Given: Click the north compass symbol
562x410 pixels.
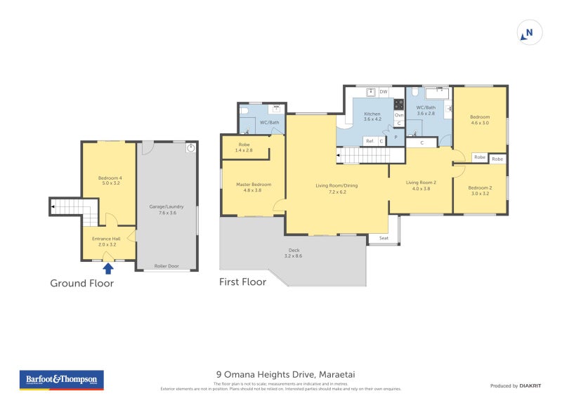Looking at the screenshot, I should [530, 32].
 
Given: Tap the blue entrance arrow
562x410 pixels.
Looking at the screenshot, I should [108, 267].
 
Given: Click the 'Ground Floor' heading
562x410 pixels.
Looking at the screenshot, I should [81, 284].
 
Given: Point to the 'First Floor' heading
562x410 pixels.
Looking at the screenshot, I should [242, 282].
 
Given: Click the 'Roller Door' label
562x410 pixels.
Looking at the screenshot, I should [166, 266].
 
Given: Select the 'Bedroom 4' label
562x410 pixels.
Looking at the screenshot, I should [110, 180].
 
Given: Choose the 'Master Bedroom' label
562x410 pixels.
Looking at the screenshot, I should [253, 187].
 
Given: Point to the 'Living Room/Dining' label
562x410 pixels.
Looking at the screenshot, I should [336, 187].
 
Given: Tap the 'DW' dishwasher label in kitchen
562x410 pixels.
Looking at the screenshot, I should [384, 92].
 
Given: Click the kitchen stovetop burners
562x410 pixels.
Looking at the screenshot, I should [398, 104].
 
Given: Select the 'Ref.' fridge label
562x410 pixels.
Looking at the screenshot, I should [370, 141].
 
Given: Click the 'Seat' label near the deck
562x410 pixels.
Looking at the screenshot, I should [384, 238].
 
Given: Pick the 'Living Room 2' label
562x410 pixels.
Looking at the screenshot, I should [421, 185].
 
